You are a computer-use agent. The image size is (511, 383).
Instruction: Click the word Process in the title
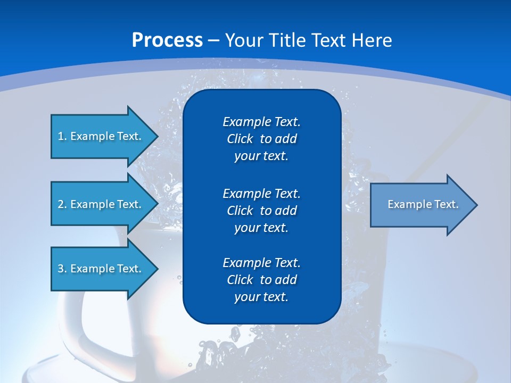167,40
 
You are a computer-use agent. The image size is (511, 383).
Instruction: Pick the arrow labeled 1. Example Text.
101,136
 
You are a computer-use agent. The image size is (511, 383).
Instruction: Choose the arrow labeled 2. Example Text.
101,204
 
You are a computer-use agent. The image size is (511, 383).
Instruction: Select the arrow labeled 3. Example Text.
101,269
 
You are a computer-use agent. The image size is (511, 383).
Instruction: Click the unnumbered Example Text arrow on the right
423,204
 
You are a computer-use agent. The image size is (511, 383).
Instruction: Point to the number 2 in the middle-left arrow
61,204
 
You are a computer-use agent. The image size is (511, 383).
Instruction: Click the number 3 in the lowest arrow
61,269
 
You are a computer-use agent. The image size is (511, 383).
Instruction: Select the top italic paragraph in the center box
261,139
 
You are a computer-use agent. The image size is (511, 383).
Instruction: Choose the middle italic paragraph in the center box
261,210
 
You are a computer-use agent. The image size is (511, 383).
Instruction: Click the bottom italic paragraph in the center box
261,280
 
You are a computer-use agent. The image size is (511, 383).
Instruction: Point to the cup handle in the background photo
72,330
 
